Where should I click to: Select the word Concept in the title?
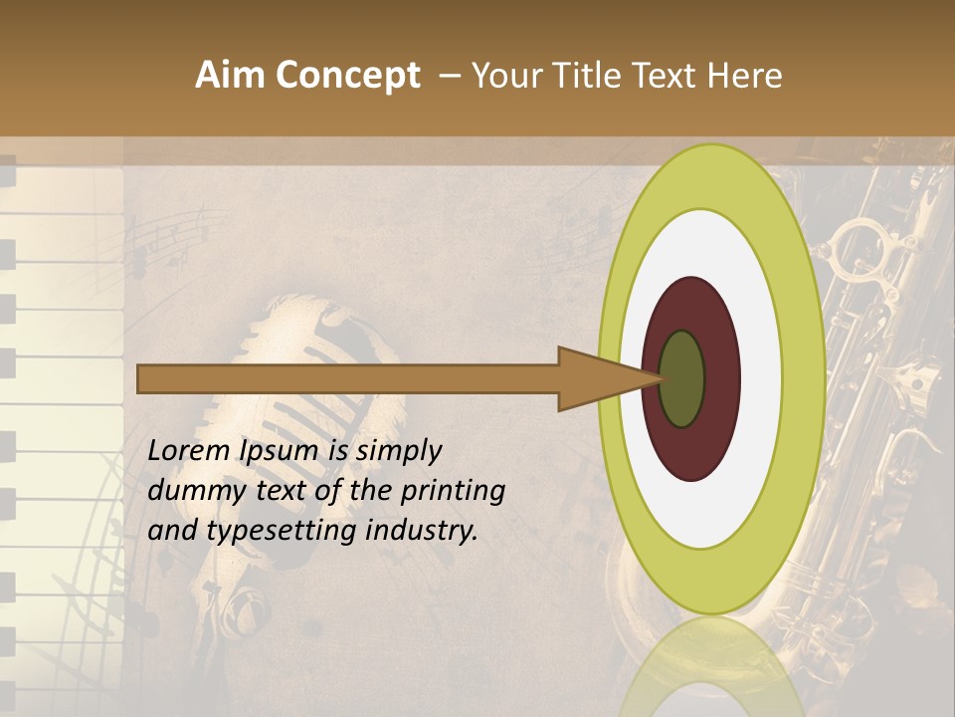point(348,77)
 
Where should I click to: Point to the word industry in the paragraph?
point(422,530)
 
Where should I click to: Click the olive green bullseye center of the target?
point(682,378)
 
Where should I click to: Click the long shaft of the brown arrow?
point(348,378)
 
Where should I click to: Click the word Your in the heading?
point(505,76)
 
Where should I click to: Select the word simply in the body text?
point(398,451)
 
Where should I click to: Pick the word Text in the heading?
point(668,76)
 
